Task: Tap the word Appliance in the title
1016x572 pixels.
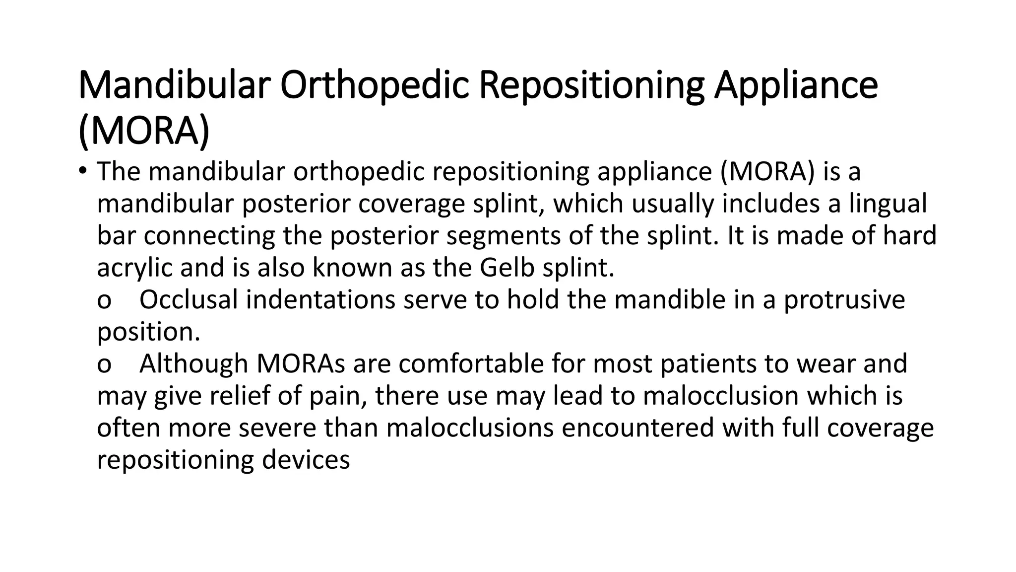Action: [x=796, y=85]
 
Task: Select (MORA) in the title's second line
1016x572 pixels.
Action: [x=144, y=131]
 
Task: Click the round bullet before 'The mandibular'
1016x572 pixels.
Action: [x=82, y=170]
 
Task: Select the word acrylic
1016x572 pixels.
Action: [x=134, y=268]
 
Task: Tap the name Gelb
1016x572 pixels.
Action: [x=507, y=268]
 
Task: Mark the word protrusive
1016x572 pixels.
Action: [x=844, y=300]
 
